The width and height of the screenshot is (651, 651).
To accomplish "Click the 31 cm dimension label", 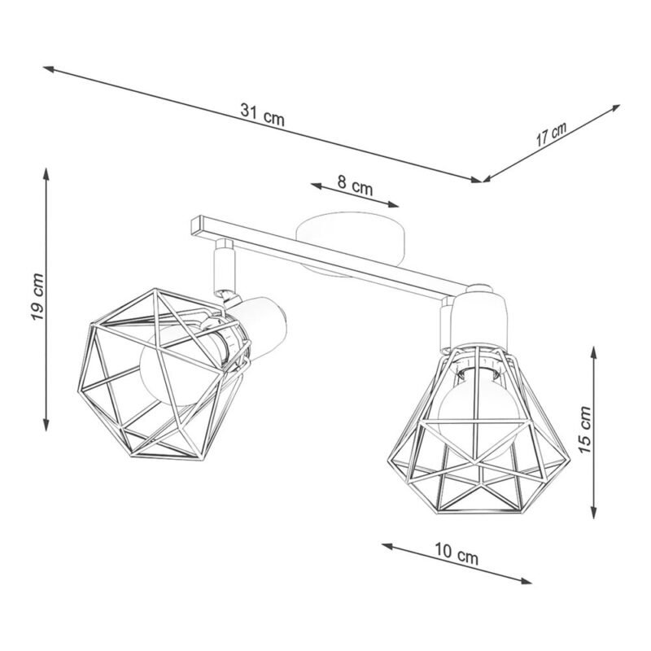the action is point(262,115).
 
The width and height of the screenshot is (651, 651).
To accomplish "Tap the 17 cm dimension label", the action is point(551,133).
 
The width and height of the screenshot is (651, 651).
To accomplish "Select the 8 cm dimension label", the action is point(355,186).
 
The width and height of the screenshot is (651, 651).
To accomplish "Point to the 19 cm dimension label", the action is point(37,296).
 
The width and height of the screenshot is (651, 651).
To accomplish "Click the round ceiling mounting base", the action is point(351,243).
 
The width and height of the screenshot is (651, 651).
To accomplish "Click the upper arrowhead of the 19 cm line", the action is point(46,173).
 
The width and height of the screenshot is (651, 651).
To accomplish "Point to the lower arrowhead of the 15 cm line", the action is point(594,512).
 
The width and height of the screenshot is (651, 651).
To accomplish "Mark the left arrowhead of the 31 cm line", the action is point(50,69).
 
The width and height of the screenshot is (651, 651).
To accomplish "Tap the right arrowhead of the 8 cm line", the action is point(393,204).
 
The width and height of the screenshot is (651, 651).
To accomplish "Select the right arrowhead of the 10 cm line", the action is point(526,581).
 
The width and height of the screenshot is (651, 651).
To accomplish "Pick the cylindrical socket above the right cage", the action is point(480,317).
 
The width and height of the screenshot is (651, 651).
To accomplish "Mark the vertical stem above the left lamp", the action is point(224,267).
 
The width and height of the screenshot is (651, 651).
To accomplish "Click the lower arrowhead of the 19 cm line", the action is point(46,424).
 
